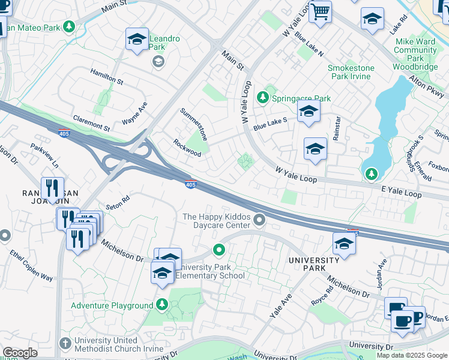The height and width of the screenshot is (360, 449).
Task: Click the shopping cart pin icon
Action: pos(320,12)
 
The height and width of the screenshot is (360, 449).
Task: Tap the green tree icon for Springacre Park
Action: pos(262,97)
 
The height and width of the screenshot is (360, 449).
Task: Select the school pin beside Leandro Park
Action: pos(137,40)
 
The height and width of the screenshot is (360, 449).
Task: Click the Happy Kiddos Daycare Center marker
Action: pos(259,221)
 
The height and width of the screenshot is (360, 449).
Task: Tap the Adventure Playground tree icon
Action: pos(161,305)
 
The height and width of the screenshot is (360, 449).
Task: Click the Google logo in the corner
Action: pos(20,353)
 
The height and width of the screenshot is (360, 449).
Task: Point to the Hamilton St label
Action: pos(106,76)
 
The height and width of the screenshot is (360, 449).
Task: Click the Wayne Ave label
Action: pos(134,113)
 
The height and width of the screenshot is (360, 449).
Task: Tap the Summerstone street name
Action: pos(194,124)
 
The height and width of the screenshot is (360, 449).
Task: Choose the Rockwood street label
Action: pos(187,148)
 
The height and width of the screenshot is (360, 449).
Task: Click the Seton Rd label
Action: pos(118,204)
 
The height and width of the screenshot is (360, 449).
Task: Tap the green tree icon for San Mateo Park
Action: pos(70,27)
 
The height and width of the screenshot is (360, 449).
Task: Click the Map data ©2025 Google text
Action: pos(412,355)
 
